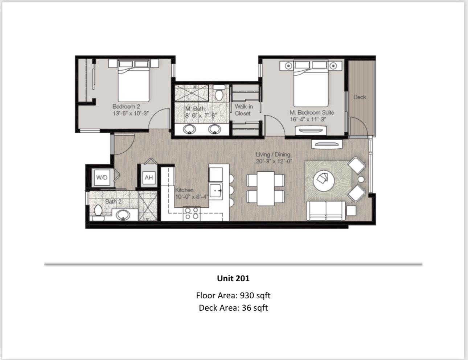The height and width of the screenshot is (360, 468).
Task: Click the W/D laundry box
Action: (102, 178)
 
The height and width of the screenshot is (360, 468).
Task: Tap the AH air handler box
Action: (149, 177)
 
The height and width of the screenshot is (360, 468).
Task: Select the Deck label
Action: (360, 97)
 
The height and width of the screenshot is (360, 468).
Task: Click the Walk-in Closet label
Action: (243, 110)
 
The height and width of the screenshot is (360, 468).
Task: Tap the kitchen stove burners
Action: (191, 213)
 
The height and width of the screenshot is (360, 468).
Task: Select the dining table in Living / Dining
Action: (266, 188)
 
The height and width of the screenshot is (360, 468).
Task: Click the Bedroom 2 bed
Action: (134, 82)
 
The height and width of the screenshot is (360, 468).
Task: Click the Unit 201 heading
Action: (233, 278)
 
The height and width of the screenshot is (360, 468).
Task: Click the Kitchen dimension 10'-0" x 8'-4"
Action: (192, 196)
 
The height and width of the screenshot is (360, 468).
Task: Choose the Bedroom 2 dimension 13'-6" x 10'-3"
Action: (131, 113)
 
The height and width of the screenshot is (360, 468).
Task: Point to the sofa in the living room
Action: (325, 211)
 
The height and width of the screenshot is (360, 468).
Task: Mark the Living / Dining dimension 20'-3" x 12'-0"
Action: (274, 161)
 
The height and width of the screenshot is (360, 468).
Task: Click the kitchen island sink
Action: (217, 190)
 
